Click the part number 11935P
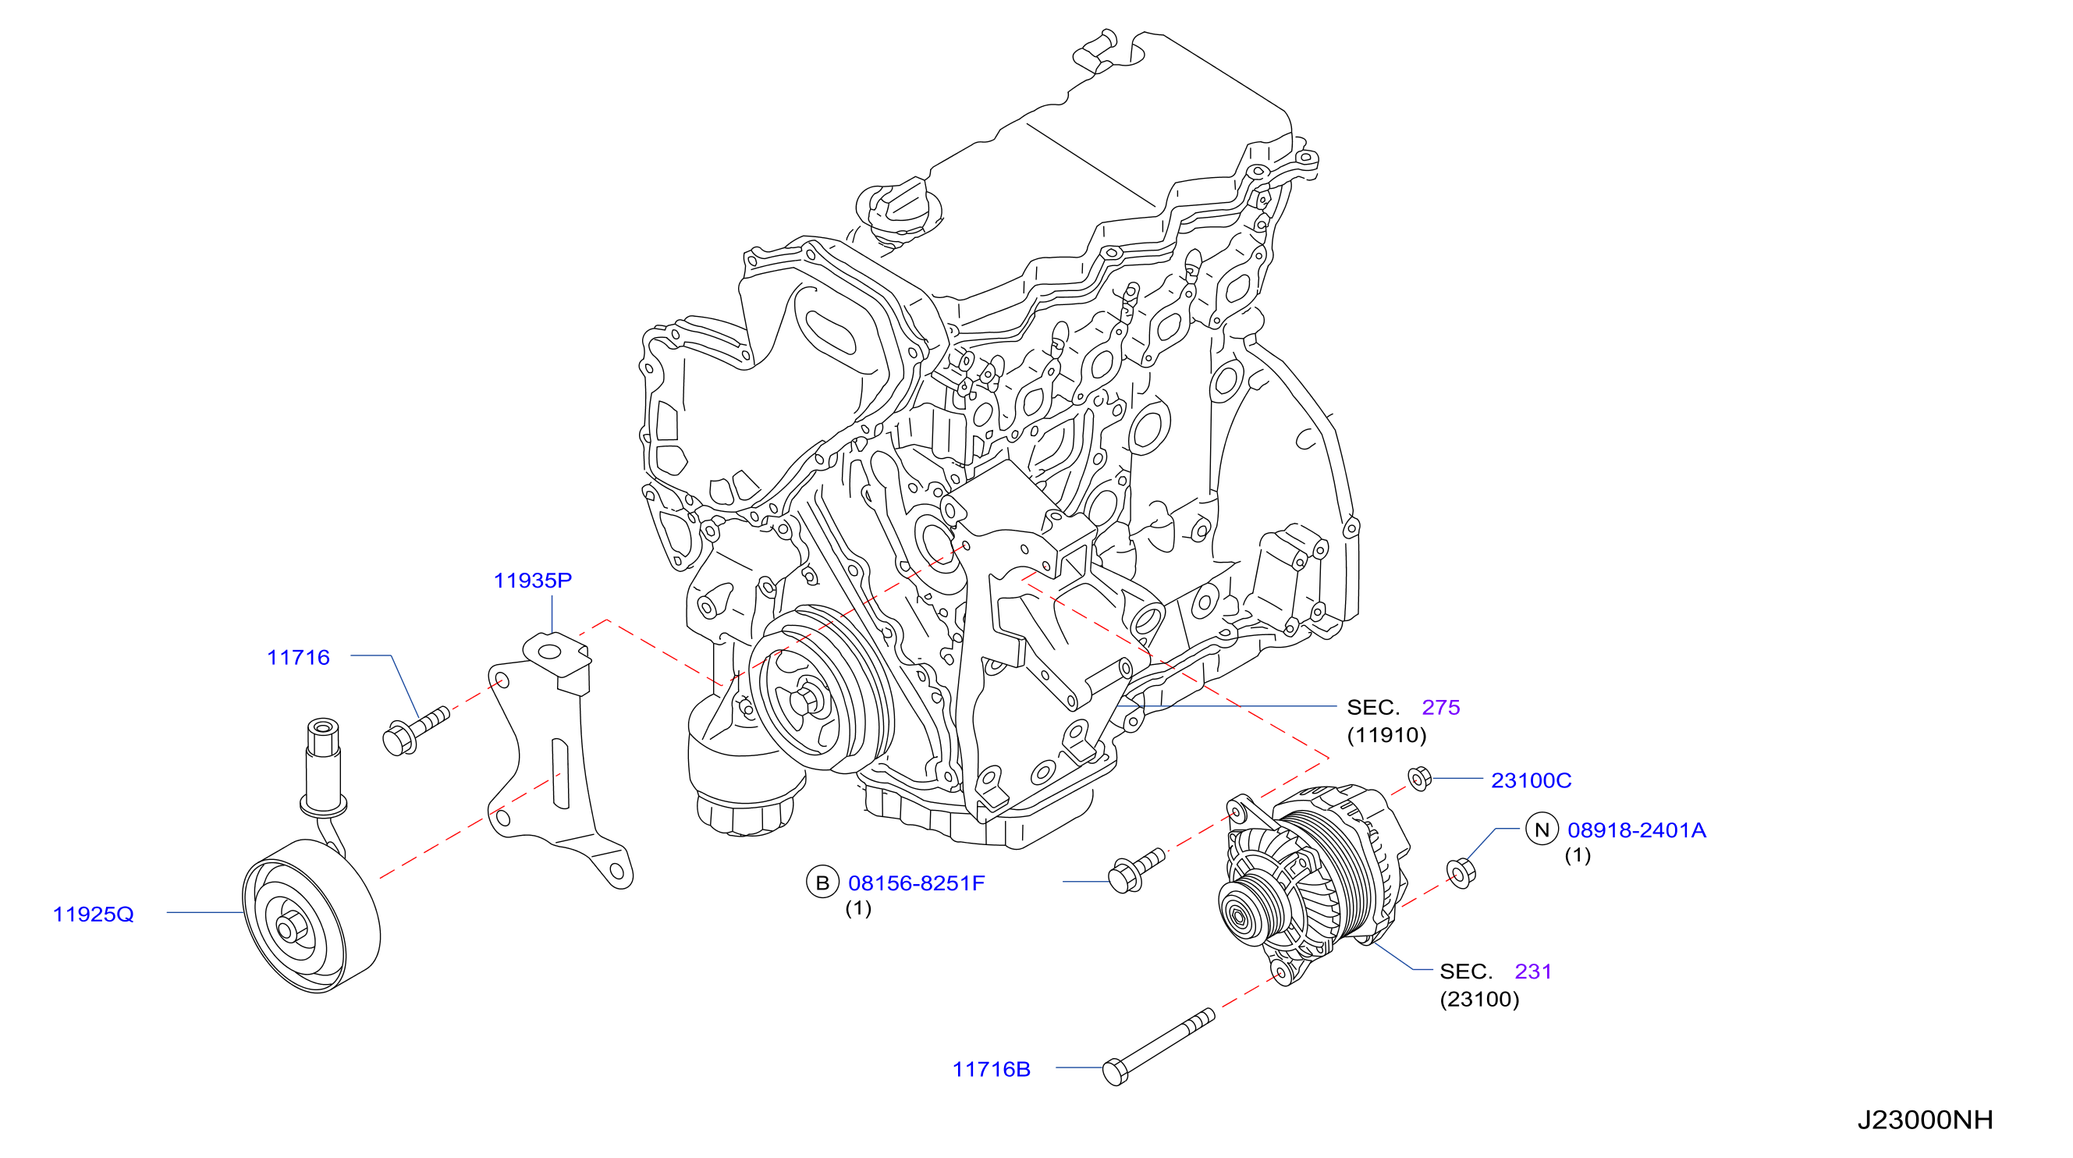coord(532,581)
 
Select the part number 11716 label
coord(298,658)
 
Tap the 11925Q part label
coord(94,915)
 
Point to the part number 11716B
coord(992,1069)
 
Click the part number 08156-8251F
coord(917,883)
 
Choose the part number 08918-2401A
coord(1637,829)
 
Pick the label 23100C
coord(1532,780)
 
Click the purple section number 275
coord(1440,707)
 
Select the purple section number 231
coord(1533,972)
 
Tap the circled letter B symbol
coord(822,882)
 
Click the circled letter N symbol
coord(1542,829)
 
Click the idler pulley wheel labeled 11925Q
coord(311,916)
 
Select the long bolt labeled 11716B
coord(1158,1047)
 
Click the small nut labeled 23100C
coord(1419,778)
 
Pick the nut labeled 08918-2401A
coord(1461,873)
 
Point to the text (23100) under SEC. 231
coord(1479,999)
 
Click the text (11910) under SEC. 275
coord(1386,735)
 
